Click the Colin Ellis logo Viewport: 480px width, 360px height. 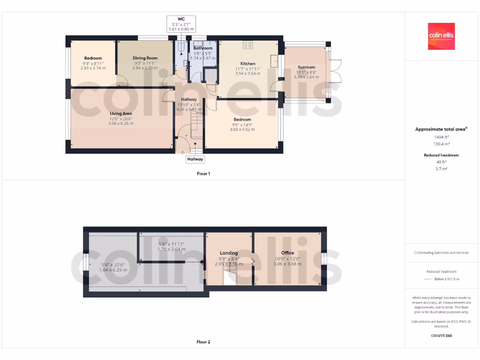pyautogui.click(x=441, y=36)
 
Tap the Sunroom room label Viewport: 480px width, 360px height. pyautogui.click(x=307, y=67)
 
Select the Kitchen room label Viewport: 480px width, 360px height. pyautogui.click(x=248, y=64)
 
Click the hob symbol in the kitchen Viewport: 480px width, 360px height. pyautogui.click(x=248, y=45)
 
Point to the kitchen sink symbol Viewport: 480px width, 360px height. pyautogui.click(x=274, y=60)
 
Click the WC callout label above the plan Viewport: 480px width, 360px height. pyautogui.click(x=181, y=19)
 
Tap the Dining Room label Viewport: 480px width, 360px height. pyautogui.click(x=145, y=58)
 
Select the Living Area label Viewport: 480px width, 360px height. pyautogui.click(x=121, y=113)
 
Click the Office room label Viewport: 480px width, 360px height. pyautogui.click(x=287, y=253)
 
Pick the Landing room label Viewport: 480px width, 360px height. pyautogui.click(x=229, y=253)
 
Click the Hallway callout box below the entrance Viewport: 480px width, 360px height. pyautogui.click(x=195, y=159)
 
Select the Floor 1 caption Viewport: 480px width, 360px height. pyautogui.click(x=203, y=174)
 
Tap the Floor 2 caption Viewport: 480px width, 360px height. pyautogui.click(x=203, y=342)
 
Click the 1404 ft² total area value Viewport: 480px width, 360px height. pyautogui.click(x=441, y=137)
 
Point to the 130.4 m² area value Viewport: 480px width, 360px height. pyautogui.click(x=441, y=144)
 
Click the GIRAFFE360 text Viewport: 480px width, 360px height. pyautogui.click(x=441, y=336)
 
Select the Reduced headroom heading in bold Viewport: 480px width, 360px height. pyautogui.click(x=441, y=155)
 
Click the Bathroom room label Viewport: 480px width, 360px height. pyautogui.click(x=203, y=48)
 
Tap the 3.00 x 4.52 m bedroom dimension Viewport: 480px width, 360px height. pyautogui.click(x=242, y=129)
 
